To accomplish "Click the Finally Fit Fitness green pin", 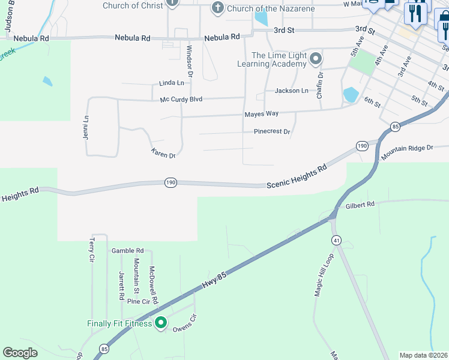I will pos(160,323).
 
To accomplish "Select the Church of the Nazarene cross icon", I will pos(217,8).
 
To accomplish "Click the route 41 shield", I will pos(337,240).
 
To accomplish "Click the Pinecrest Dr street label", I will pos(272,131).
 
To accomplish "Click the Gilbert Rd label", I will pos(360,205).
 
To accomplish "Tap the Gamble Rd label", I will pos(127,250).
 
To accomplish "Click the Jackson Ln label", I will pos(291,91).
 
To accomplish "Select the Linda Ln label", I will pos(171,83).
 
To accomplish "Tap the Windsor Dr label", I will pos(189,62).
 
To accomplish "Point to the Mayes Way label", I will pos(261,113).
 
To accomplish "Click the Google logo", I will pos(20,353).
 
